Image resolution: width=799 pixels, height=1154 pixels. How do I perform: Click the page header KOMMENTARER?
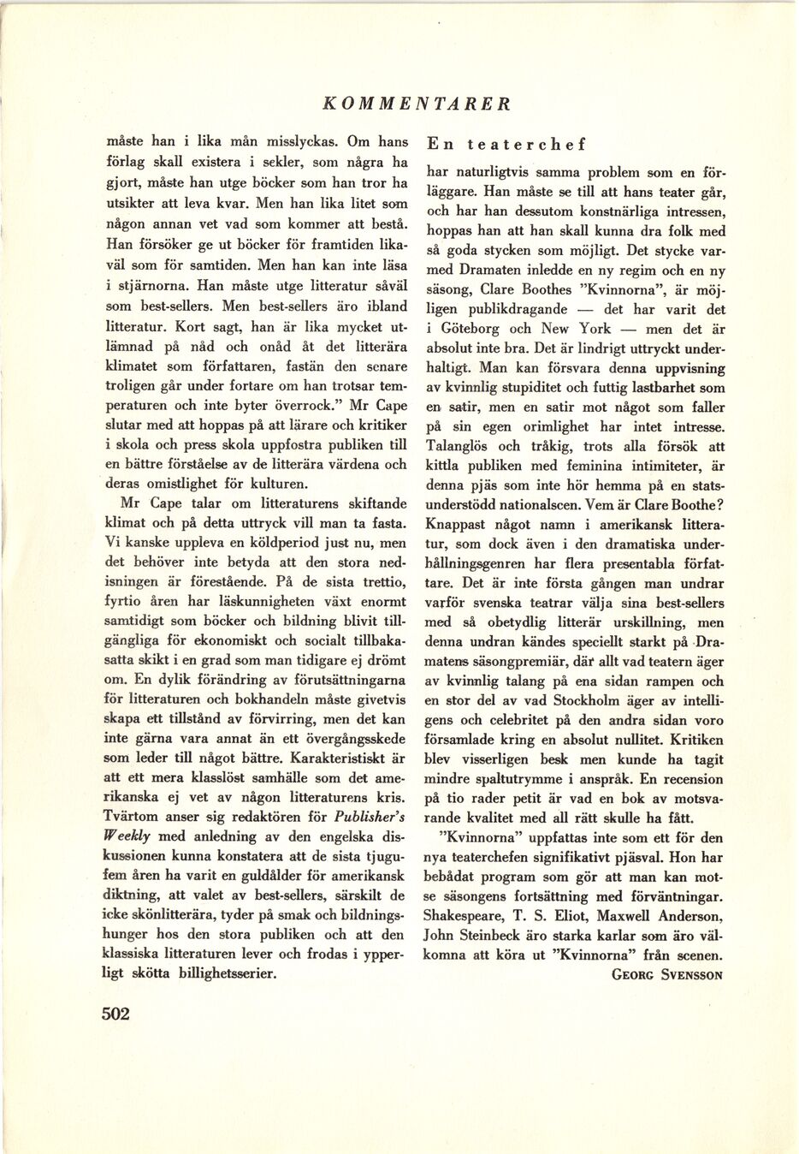[x=417, y=104]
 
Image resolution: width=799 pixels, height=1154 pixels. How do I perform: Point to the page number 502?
[x=115, y=1014]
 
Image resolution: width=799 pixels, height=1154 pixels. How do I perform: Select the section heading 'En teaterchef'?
[x=506, y=144]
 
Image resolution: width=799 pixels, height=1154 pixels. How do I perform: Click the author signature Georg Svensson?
[x=668, y=974]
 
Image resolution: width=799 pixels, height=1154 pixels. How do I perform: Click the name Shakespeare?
[x=469, y=916]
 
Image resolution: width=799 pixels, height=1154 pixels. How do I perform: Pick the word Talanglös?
[x=462, y=446]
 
